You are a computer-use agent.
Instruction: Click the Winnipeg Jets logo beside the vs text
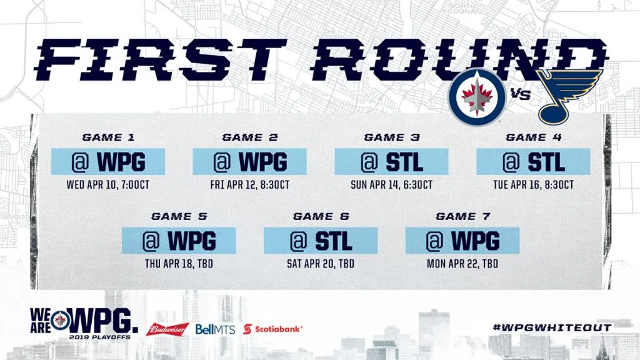point(477,97)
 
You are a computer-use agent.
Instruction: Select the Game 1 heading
point(108,137)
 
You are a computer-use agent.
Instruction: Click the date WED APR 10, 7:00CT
point(108,185)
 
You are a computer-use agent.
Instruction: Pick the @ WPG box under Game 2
point(249,162)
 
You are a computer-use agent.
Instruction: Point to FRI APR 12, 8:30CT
point(250,185)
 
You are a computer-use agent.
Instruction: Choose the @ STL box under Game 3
point(391,162)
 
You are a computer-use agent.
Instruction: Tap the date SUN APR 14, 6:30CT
point(391,185)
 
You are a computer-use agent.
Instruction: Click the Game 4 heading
point(534,137)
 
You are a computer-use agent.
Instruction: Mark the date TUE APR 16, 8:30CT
point(534,185)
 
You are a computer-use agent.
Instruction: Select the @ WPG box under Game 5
point(179,241)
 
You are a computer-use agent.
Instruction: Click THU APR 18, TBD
point(179,264)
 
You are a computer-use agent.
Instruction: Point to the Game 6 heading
point(321,216)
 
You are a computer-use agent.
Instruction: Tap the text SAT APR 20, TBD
point(321,264)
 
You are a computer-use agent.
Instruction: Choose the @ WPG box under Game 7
point(462,241)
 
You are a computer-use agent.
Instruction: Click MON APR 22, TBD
point(462,264)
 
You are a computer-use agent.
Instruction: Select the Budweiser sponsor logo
point(167,329)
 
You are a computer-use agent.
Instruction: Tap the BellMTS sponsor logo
point(215,329)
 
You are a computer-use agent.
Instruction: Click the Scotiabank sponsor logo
point(272,329)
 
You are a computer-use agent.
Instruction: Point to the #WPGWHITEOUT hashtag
point(552,327)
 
